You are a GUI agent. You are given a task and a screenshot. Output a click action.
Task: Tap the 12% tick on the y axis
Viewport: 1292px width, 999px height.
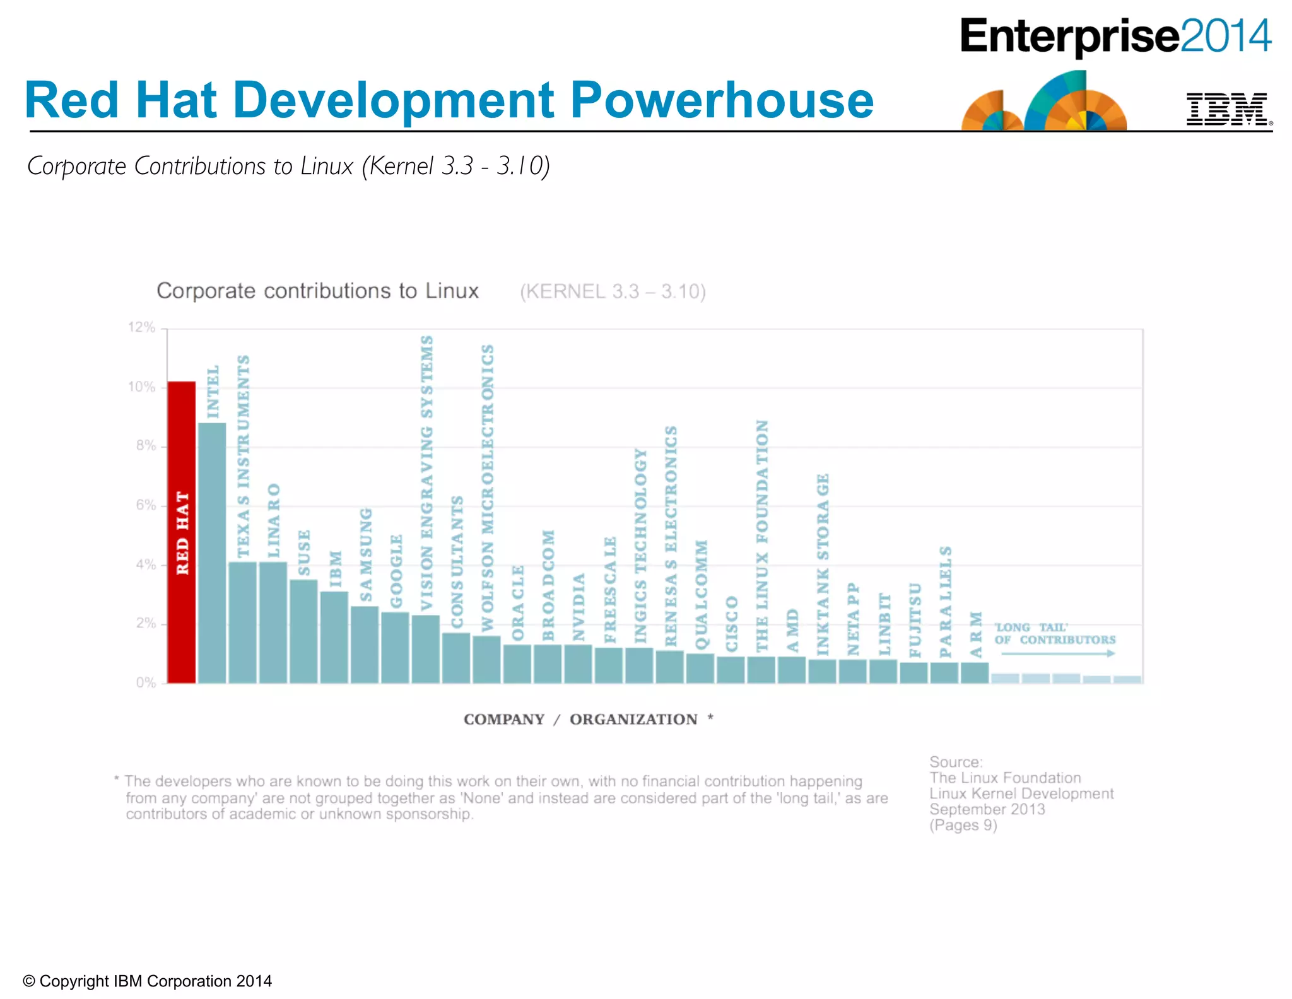[141, 327]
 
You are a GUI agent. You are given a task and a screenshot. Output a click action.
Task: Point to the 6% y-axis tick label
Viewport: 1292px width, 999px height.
[145, 505]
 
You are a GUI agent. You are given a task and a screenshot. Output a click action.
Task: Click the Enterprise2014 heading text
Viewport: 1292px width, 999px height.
[1115, 37]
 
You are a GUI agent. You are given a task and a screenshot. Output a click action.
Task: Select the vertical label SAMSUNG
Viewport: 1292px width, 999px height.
[366, 555]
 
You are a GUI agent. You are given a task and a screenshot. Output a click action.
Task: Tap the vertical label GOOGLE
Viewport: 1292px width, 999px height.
[396, 571]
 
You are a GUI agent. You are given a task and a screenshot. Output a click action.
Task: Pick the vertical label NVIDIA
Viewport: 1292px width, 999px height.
[578, 607]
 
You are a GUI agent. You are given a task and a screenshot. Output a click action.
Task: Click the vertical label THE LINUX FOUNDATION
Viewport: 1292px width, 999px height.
[762, 536]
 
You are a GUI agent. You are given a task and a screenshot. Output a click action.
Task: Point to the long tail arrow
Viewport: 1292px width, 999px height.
[1057, 653]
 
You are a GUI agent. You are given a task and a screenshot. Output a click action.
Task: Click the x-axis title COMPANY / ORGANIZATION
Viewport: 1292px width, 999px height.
[587, 720]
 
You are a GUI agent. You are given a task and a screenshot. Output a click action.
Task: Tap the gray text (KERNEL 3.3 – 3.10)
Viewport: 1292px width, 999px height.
[612, 292]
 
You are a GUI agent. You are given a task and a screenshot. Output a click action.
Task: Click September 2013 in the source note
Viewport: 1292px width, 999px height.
[987, 809]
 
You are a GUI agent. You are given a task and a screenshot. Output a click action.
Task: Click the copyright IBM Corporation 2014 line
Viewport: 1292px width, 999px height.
[148, 981]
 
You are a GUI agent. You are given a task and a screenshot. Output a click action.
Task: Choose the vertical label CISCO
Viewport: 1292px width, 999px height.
[732, 623]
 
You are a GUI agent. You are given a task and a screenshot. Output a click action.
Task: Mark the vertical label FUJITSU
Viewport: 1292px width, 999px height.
[915, 619]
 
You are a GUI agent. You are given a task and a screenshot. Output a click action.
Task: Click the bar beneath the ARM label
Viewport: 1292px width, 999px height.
[975, 673]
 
